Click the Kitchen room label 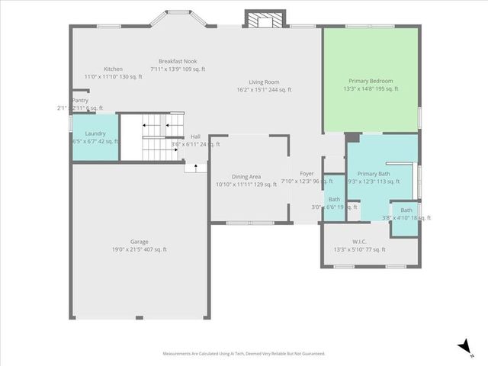tap(113, 69)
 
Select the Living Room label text tap(265, 82)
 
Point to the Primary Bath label tap(374, 174)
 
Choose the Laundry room tap(95, 137)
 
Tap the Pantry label tap(80, 101)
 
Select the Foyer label tap(307, 174)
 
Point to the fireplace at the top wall tap(264, 20)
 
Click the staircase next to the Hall tap(152, 137)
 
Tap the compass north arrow tap(464, 347)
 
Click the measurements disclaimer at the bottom tap(243, 354)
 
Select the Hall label tap(195, 136)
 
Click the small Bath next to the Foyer tap(334, 200)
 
